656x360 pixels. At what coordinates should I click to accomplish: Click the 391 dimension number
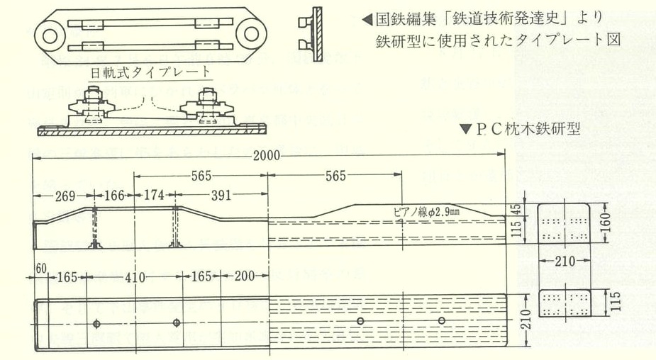pos(220,193)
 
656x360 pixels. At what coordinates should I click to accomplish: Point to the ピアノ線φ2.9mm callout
pos(426,210)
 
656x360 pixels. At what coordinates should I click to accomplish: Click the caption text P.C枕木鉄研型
pos(536,129)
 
